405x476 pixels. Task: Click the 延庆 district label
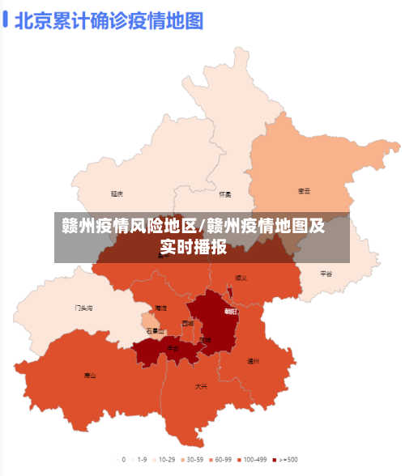point(117,194)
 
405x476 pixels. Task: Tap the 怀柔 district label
point(225,194)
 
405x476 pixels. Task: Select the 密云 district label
point(305,191)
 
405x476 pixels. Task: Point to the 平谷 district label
point(326,274)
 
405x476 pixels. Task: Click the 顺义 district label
point(241,278)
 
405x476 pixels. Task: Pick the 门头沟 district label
point(84,308)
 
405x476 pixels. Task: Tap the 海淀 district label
point(161,308)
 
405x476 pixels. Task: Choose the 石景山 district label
point(156,331)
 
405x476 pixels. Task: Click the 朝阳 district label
point(232,311)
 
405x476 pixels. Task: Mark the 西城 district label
point(188,323)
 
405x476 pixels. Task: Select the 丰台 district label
point(173,348)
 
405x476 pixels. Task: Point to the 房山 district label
point(90,376)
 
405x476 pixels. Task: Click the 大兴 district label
point(201,387)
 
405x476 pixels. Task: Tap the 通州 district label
point(253,360)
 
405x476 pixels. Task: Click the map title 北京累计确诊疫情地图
point(109,20)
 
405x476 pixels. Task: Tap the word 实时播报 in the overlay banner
point(193,248)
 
